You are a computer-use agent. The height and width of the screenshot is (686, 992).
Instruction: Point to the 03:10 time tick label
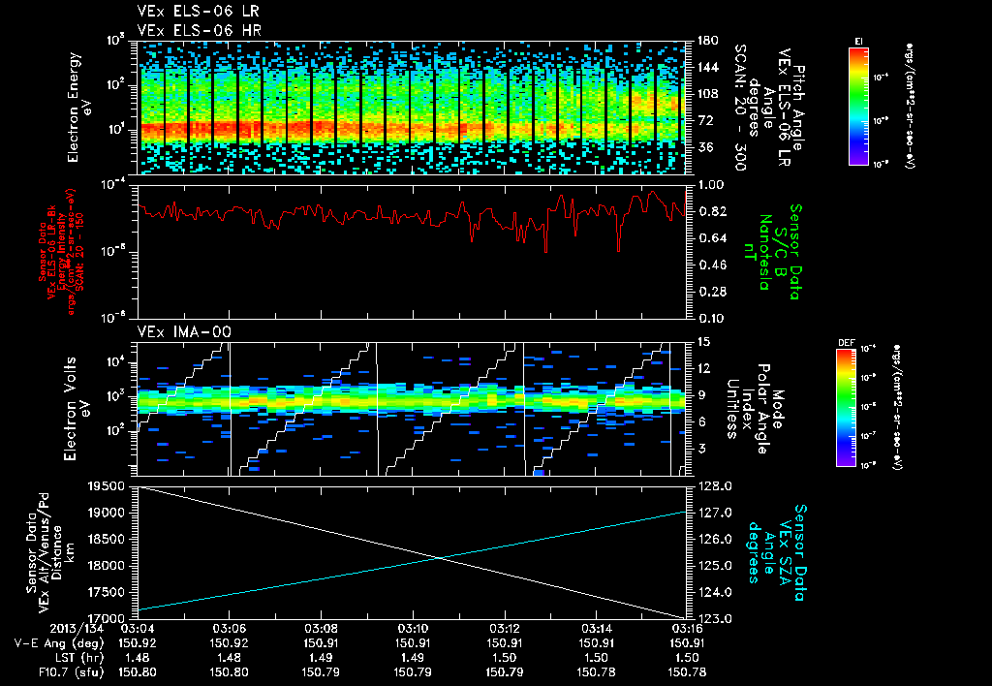(414, 629)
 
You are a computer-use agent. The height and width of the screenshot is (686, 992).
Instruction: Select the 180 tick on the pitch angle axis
(706, 40)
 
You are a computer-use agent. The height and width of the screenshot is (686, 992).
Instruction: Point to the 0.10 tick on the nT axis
(711, 317)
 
